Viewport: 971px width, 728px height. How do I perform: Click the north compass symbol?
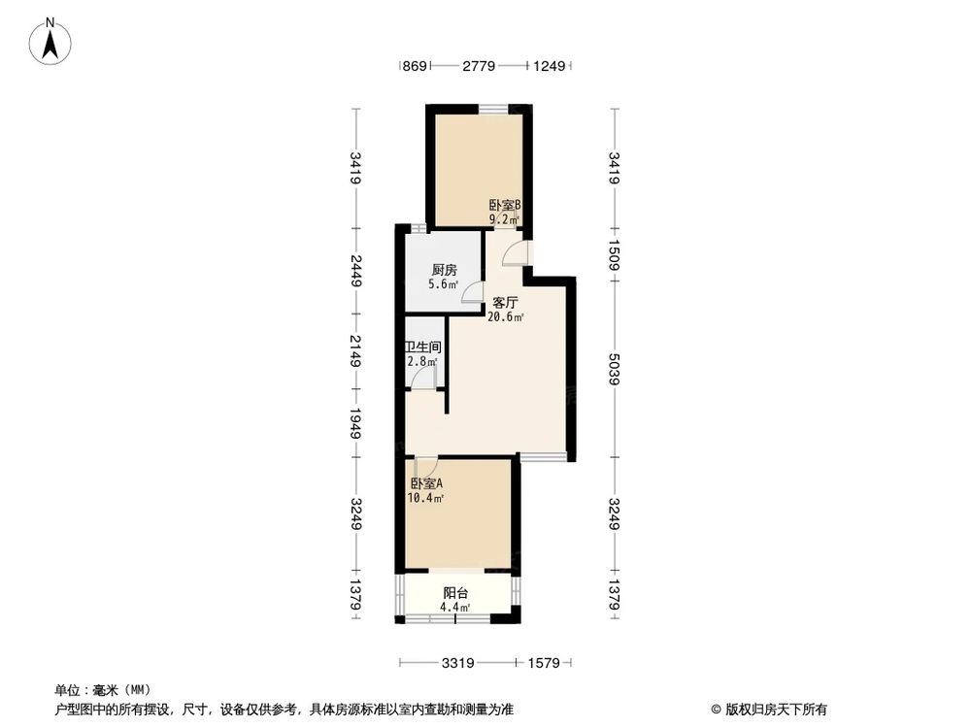pos(51,41)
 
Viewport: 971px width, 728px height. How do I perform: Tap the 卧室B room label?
pos(505,206)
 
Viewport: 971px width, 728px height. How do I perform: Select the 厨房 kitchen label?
pos(444,271)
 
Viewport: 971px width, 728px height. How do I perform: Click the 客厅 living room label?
pos(505,303)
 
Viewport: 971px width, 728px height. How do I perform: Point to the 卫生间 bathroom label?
pos(423,347)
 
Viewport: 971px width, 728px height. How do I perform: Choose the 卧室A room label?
pos(426,484)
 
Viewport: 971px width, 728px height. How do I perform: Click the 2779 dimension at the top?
pos(479,66)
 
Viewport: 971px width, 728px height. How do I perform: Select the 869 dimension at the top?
pos(415,66)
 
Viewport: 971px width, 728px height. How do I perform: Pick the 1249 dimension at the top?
pos(550,66)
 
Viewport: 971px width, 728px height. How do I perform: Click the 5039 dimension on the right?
pos(614,369)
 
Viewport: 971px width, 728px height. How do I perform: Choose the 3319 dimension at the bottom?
pos(457,664)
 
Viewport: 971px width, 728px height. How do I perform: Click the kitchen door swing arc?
pos(471,292)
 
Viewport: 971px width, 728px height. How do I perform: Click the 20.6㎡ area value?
pos(506,317)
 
